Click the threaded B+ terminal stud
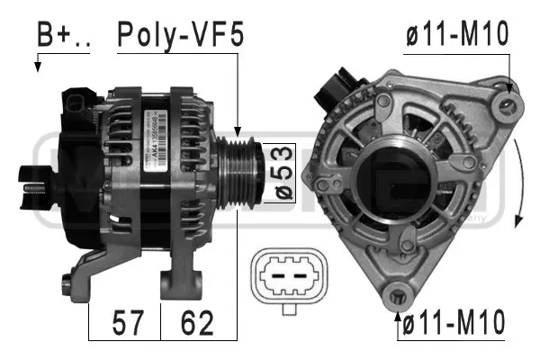(x=36, y=192)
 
